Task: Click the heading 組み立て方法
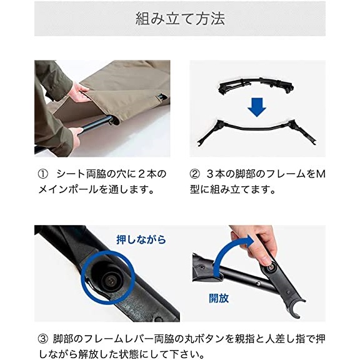click(180, 19)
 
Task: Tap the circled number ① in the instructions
click(42, 174)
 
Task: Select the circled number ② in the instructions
click(195, 174)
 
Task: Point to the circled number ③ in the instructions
click(42, 339)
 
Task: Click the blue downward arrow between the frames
click(257, 107)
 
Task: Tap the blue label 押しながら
click(141, 239)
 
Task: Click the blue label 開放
click(219, 298)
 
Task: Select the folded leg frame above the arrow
click(256, 86)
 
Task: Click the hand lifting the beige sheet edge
click(79, 92)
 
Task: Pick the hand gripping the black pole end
click(76, 136)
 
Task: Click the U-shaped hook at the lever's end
click(297, 308)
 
